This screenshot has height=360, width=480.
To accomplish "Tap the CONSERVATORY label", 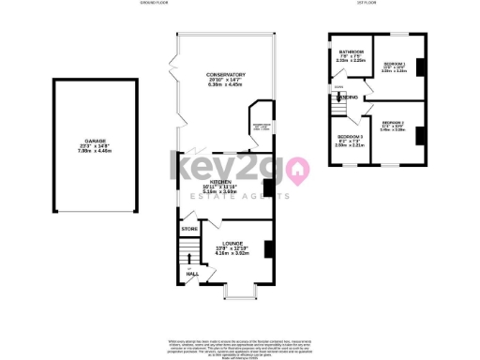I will point(227,74).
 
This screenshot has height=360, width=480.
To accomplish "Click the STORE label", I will point(189,228).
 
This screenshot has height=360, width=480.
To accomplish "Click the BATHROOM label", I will point(352,52).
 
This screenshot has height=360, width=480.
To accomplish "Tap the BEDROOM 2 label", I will point(393,122).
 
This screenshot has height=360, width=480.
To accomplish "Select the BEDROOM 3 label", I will point(351,137).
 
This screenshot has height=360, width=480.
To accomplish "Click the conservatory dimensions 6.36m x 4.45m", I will point(227,84).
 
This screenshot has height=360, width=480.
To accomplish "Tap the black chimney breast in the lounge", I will point(269,248).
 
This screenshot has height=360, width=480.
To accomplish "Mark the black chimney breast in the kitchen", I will point(269,187).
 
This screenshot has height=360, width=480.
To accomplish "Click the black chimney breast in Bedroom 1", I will point(420,67).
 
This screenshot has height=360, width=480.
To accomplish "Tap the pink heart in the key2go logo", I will point(298,171).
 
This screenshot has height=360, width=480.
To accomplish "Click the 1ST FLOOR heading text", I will point(377,4).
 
